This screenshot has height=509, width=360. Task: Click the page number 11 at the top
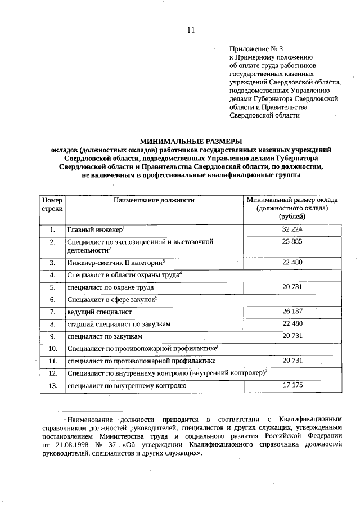click(x=191, y=30)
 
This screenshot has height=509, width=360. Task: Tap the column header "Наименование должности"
click(x=154, y=200)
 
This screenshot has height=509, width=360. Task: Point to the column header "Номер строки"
click(x=52, y=204)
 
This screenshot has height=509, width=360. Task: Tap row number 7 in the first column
click(x=52, y=312)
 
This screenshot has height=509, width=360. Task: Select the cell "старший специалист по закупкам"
click(x=119, y=325)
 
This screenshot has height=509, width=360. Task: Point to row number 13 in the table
click(x=52, y=386)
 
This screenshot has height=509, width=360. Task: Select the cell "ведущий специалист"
click(x=99, y=312)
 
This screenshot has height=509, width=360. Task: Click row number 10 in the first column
click(x=52, y=349)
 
